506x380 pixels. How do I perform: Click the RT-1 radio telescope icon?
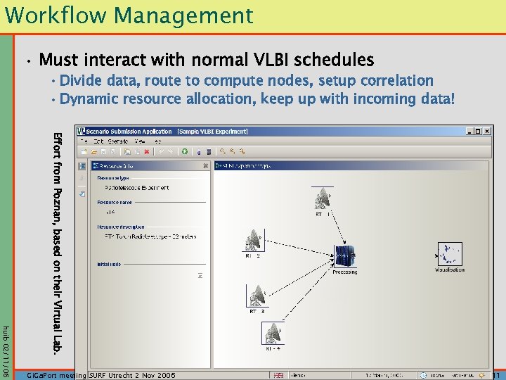tap(323, 198)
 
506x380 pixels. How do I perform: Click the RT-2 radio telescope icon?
tap(254, 241)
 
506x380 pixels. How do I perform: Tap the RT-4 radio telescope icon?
tap(273, 333)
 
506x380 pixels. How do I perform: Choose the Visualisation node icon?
tap(449, 254)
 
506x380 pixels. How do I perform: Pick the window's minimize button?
tap(469, 131)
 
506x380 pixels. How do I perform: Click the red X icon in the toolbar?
tap(146, 151)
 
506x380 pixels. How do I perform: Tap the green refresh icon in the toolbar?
tap(184, 151)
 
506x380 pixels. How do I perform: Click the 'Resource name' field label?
tap(115, 202)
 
